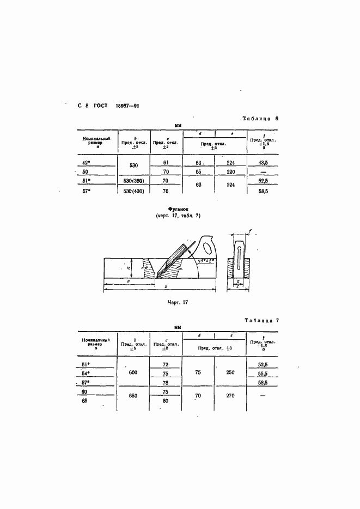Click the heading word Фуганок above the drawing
pyautogui.click(x=179, y=208)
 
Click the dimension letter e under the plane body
pyautogui.click(x=127, y=281)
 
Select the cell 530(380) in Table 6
pyautogui.click(x=134, y=181)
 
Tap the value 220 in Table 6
pyautogui.click(x=230, y=171)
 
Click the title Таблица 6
pyautogui.click(x=261, y=118)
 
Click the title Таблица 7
pyautogui.click(x=261, y=320)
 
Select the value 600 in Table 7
pyautogui.click(x=133, y=372)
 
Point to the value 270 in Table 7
pyautogui.click(x=230, y=395)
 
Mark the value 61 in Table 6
pyautogui.click(x=166, y=162)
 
